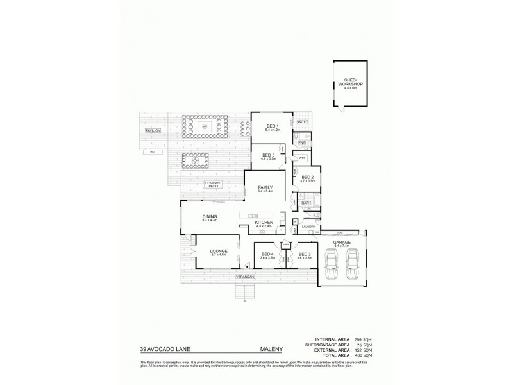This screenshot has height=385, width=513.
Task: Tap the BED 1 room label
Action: [273, 126]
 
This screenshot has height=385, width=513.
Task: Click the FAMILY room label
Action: [265, 188]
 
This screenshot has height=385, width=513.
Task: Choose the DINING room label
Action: [210, 216]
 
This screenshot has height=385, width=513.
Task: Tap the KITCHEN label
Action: [264, 223]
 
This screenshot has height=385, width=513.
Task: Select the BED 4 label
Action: [267, 254]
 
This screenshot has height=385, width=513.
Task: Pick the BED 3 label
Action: [304, 254]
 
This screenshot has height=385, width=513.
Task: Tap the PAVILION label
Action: [152, 131]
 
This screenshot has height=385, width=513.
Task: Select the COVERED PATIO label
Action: [214, 184]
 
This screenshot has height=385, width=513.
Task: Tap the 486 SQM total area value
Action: [362, 355]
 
